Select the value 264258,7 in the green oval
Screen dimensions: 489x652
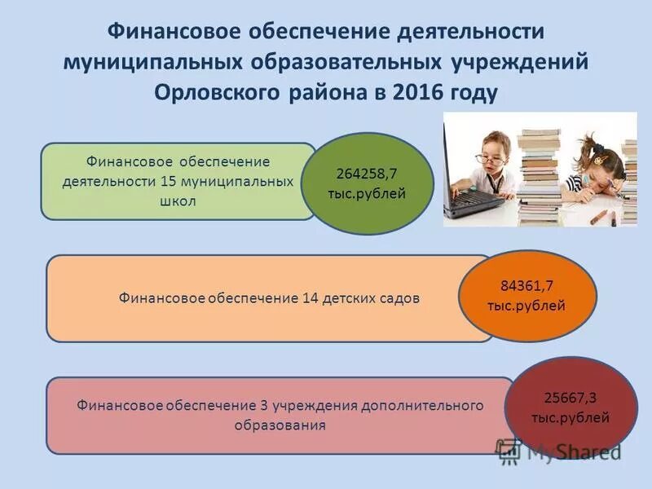coord(367,174)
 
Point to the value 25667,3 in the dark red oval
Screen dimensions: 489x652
coord(570,398)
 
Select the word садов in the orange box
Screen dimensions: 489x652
coord(399,297)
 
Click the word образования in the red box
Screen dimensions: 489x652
coord(280,425)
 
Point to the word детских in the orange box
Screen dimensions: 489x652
coord(347,297)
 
